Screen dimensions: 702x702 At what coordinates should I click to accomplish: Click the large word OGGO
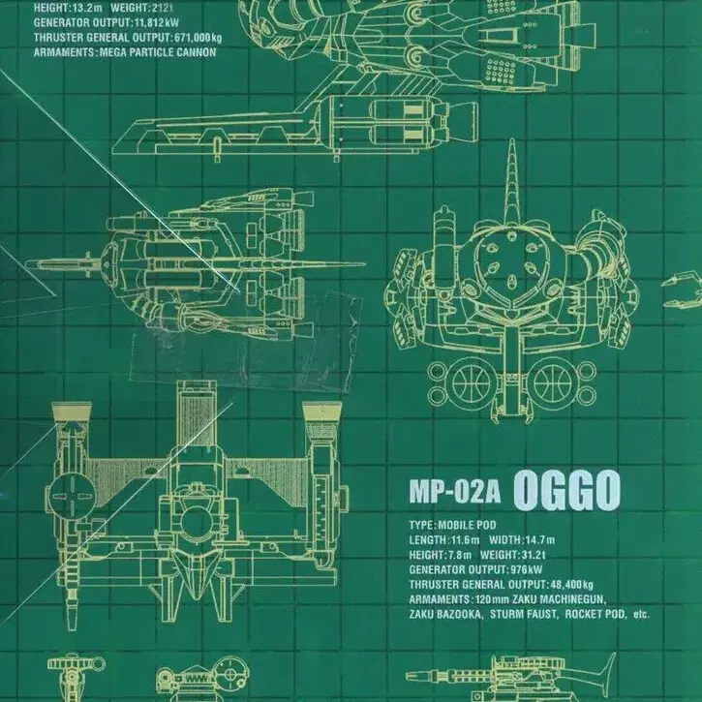click(x=566, y=491)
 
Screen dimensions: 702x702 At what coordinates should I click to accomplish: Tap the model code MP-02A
click(x=454, y=493)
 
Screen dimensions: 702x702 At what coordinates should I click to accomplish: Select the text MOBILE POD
click(x=467, y=525)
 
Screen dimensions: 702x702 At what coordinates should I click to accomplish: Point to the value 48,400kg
click(x=570, y=584)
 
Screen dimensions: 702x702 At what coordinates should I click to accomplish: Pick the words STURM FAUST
click(x=524, y=614)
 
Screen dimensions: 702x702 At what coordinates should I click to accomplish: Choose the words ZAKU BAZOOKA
click(x=445, y=614)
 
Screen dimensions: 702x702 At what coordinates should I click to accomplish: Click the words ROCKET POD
click(x=595, y=614)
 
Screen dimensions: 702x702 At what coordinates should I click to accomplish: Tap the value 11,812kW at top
click(x=157, y=23)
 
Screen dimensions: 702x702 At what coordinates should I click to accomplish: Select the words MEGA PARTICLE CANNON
click(x=158, y=52)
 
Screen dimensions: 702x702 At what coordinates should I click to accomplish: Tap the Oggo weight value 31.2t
click(x=534, y=555)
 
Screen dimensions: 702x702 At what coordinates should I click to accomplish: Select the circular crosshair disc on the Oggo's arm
click(x=72, y=495)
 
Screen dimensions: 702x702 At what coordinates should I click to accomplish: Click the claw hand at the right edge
click(x=683, y=290)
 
